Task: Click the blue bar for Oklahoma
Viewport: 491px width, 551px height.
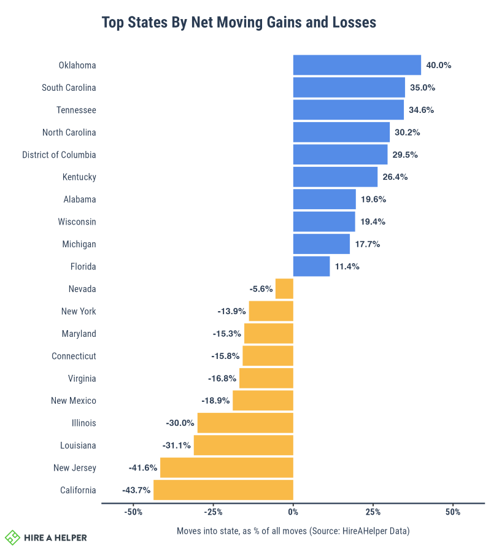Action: [x=357, y=65]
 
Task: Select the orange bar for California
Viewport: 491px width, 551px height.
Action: [x=223, y=490]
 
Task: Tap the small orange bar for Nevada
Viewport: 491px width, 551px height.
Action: [x=284, y=288]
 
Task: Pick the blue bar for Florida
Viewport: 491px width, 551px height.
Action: [x=311, y=266]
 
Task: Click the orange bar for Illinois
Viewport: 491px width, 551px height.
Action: [x=245, y=423]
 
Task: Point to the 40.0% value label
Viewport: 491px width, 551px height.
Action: [x=439, y=65]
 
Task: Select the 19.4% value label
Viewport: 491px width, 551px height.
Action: [x=373, y=222]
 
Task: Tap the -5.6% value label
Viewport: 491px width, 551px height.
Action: [x=261, y=288]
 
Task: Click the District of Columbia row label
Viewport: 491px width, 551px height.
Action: [x=59, y=155]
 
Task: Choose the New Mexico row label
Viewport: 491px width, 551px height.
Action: [x=74, y=401]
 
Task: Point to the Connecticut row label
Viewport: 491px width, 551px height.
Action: [x=74, y=356]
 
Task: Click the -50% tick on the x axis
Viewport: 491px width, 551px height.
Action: [x=133, y=512]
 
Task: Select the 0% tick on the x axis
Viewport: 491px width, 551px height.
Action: [x=293, y=512]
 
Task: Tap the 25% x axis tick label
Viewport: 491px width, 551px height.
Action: [x=373, y=512]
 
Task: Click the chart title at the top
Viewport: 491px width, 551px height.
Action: [x=239, y=23]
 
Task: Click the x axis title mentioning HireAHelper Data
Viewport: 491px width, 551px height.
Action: [x=293, y=530]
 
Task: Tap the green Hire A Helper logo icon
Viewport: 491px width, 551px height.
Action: [x=12, y=538]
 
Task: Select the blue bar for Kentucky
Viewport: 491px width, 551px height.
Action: [x=335, y=177]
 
